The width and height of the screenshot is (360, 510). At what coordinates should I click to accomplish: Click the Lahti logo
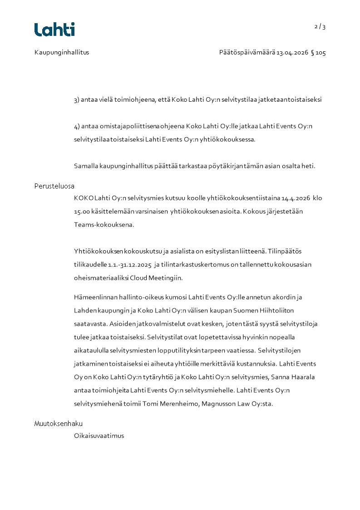pyautogui.click(x=54, y=30)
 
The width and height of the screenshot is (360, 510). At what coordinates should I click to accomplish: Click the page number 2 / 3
pyautogui.click(x=320, y=26)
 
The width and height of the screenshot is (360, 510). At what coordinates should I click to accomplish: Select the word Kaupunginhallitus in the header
pyautogui.click(x=62, y=52)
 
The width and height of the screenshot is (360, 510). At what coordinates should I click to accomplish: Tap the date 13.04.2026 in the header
pyautogui.click(x=292, y=53)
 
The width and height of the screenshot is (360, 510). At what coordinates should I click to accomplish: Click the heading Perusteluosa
pyautogui.click(x=54, y=186)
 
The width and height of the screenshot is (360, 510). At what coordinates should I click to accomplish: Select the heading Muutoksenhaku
pyautogui.click(x=59, y=424)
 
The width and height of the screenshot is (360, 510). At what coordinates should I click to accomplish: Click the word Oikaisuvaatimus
pyautogui.click(x=99, y=436)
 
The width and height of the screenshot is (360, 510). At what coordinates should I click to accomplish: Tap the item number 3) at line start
pyautogui.click(x=77, y=100)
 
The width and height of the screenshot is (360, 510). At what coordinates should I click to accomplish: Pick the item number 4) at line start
pyautogui.click(x=77, y=126)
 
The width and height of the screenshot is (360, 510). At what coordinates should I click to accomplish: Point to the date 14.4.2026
pyautogui.click(x=296, y=198)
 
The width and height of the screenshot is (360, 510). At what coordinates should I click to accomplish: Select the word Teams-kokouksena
pyautogui.click(x=104, y=224)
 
